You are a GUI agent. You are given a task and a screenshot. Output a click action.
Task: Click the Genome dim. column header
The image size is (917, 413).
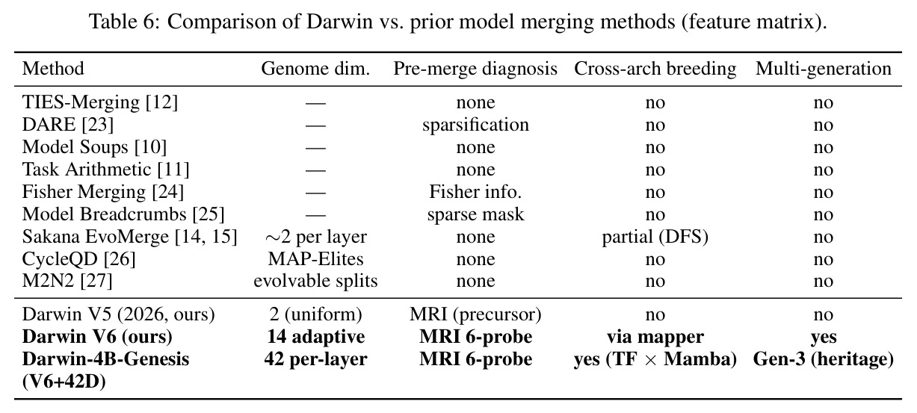tap(315, 69)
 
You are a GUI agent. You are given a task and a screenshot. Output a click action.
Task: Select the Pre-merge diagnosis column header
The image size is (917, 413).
tap(475, 69)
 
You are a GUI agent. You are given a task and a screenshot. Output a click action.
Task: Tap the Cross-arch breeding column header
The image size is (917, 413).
tap(655, 69)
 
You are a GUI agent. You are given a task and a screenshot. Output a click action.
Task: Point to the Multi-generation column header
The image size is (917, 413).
tap(824, 69)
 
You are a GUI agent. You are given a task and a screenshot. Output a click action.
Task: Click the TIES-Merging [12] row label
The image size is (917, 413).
tap(100, 102)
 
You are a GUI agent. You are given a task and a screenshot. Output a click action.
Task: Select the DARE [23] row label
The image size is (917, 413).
tap(67, 125)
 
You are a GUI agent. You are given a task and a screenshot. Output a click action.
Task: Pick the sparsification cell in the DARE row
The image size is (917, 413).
tap(475, 125)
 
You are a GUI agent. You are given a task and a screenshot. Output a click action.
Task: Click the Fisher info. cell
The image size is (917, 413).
tap(475, 192)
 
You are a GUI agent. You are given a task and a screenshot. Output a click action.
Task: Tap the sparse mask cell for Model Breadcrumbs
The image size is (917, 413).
tap(475, 214)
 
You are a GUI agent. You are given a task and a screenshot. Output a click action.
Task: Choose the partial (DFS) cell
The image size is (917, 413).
tap(655, 237)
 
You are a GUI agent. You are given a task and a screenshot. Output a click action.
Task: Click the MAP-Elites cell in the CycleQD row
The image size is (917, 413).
tap(315, 259)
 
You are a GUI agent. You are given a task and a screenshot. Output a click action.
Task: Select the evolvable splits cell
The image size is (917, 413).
tap(315, 281)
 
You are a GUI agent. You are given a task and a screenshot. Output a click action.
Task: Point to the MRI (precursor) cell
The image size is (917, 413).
tap(475, 314)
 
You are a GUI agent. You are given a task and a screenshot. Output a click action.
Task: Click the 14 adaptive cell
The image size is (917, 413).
tap(315, 337)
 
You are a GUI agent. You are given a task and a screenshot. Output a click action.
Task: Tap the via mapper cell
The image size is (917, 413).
tap(655, 337)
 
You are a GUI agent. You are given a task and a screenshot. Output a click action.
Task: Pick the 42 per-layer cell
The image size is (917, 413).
tap(315, 359)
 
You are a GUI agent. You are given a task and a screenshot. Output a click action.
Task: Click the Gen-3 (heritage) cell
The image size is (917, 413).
tap(824, 359)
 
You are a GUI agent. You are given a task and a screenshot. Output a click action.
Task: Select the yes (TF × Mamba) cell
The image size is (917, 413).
tap(655, 359)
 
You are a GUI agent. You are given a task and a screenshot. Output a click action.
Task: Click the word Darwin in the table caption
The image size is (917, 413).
tap(339, 22)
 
